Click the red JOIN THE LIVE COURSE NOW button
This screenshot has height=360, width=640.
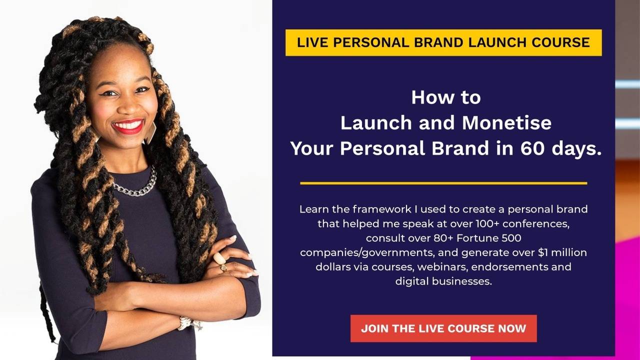click(x=443, y=328)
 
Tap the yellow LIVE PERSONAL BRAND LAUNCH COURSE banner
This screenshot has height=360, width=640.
click(x=443, y=42)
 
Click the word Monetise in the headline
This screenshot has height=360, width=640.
click(x=506, y=123)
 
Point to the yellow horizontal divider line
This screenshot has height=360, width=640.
click(x=443, y=183)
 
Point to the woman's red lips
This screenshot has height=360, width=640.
click(x=128, y=125)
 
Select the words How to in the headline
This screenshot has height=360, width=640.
click(x=445, y=97)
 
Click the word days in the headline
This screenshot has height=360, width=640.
click(x=577, y=149)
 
